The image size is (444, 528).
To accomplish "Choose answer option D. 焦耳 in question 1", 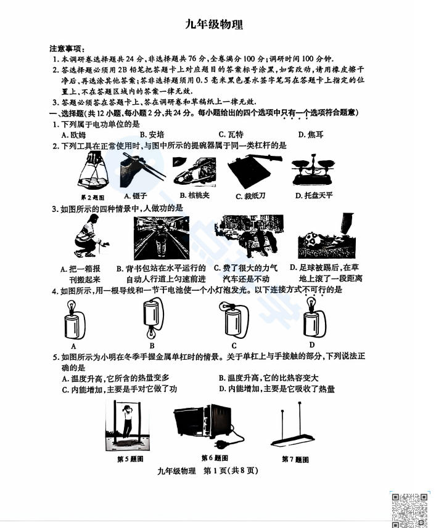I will pos(310,134).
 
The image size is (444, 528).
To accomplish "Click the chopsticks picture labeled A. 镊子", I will pos(144,169).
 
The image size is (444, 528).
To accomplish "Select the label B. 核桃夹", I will pos(196,196).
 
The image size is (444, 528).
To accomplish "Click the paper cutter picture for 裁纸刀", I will pos(253,171).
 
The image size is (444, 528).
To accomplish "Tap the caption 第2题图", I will pos(93,197).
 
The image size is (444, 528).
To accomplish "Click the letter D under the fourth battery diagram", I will pos(312,345).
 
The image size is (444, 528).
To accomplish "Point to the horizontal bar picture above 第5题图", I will pos(129,425).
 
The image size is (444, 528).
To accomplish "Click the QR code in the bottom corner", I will pos(410,509).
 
